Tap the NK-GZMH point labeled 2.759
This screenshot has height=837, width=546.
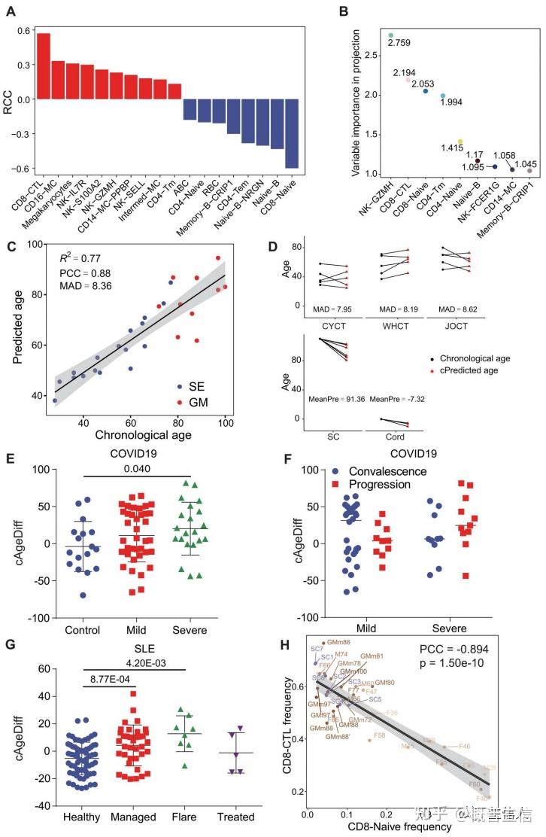(x=391, y=35)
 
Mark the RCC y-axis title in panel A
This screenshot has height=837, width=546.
(x=9, y=99)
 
